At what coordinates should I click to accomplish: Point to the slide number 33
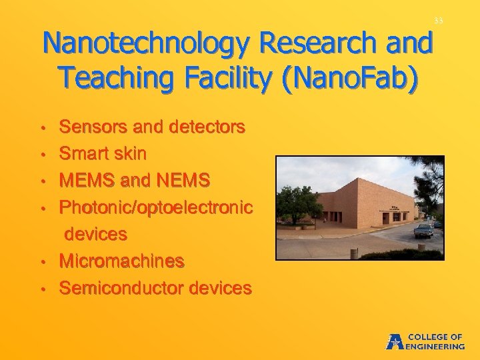click(438, 21)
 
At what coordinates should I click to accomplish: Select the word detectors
click(207, 127)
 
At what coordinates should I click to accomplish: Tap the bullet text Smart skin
click(103, 153)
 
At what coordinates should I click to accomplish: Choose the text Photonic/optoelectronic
click(155, 207)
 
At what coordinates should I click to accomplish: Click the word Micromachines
click(121, 261)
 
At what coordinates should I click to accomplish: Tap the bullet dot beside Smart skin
click(42, 155)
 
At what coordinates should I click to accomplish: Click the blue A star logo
click(394, 341)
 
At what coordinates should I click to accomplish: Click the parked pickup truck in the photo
click(423, 231)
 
